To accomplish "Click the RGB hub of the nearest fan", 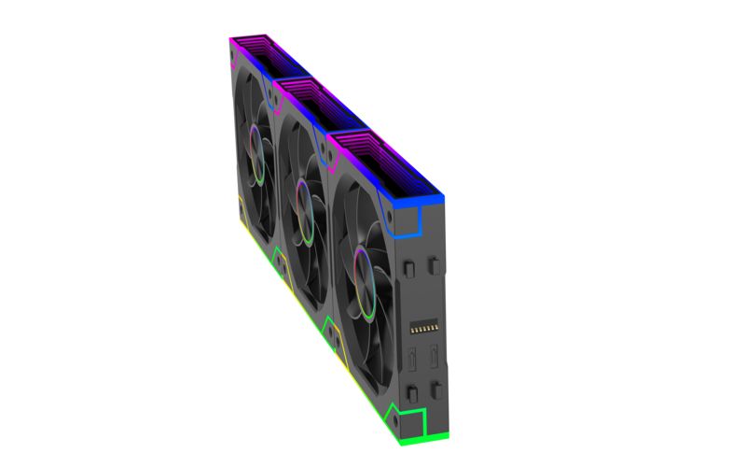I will [x=360, y=264].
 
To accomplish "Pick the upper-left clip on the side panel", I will [x=408, y=268].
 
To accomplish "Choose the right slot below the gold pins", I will [x=434, y=358].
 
